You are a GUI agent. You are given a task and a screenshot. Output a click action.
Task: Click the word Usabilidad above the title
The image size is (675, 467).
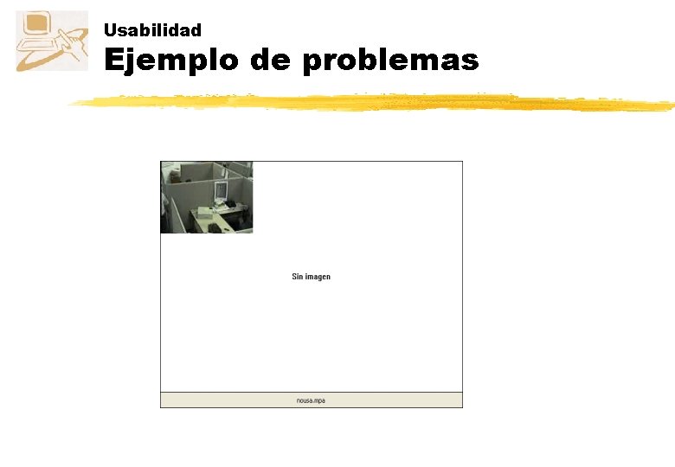pos(152,30)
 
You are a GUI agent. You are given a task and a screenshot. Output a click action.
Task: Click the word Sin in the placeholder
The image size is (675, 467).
pos(298,277)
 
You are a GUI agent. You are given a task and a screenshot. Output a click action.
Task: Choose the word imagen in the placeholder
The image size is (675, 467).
pos(318,277)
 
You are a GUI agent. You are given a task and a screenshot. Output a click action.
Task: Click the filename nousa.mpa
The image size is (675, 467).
pos(311,400)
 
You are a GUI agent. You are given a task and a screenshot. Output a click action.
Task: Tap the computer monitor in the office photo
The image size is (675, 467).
pos(221,191)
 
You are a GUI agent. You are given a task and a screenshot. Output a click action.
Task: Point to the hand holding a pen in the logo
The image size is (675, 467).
pos(72,43)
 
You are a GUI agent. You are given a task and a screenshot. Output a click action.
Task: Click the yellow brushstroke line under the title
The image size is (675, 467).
pos(372,103)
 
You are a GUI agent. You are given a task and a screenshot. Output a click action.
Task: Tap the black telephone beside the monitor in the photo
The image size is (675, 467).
pos(231,204)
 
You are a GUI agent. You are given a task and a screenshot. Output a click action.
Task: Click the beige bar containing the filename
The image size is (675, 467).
pos(389,400)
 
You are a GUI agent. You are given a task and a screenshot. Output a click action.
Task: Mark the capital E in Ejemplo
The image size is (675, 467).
pos(112,61)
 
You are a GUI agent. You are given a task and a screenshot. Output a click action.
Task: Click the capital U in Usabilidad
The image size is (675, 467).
pos(109,30)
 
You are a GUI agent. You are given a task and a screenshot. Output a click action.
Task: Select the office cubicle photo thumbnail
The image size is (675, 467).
pos(206,197)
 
